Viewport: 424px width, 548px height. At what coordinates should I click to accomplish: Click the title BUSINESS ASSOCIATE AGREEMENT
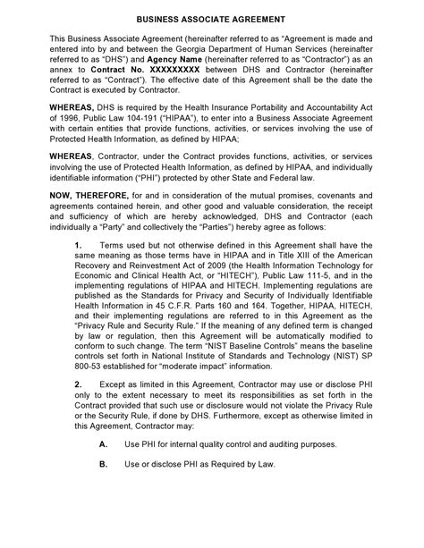(x=211, y=19)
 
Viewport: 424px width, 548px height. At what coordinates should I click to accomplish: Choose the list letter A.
(x=103, y=444)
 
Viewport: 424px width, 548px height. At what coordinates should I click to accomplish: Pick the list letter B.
(x=103, y=465)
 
